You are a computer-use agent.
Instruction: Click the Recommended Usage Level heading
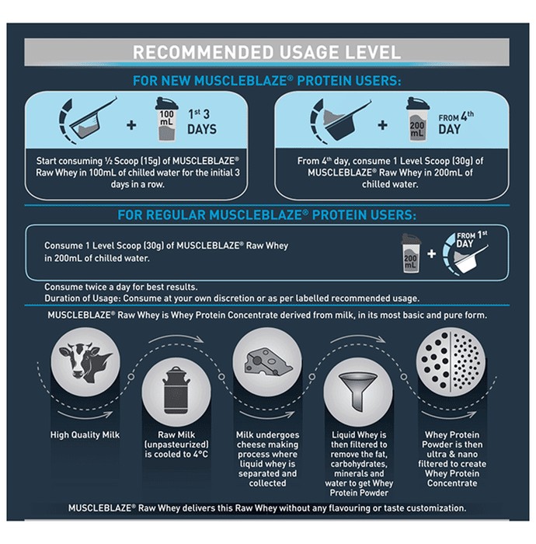click(266, 52)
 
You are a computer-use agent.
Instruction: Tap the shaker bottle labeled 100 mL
click(166, 119)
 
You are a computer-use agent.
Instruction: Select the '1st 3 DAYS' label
click(202, 122)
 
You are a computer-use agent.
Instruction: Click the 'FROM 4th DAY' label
click(455, 123)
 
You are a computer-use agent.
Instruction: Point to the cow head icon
click(85, 363)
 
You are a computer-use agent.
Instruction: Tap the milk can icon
click(176, 392)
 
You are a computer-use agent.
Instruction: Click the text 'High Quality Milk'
click(85, 435)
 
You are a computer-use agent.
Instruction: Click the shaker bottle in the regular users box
click(410, 253)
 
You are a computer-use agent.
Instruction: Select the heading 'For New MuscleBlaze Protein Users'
click(267, 81)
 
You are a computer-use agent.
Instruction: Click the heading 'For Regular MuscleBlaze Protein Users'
click(266, 215)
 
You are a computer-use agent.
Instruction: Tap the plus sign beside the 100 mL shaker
click(131, 125)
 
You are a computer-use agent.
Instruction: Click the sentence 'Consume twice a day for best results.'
click(121, 287)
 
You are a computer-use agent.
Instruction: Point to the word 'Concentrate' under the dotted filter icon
click(452, 483)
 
